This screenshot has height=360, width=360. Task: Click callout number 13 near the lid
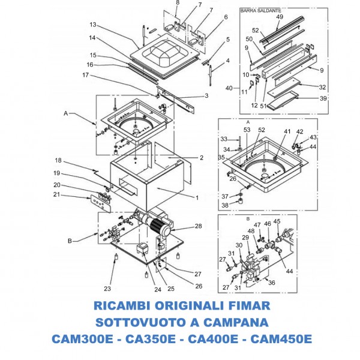[93, 25]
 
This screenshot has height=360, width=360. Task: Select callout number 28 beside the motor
[198, 226]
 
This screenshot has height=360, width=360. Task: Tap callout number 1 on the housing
[196, 197]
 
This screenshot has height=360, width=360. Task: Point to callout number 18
[59, 161]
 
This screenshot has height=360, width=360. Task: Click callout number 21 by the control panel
[56, 194]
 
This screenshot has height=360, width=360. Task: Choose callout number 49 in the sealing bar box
[280, 17]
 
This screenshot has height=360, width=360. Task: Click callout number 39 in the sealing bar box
[323, 98]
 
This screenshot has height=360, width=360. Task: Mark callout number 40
[229, 88]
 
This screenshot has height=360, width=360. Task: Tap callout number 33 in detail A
[223, 139]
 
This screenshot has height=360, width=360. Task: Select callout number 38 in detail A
[224, 205]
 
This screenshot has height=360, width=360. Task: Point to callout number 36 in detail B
[272, 283]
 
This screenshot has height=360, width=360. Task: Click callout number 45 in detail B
[277, 221]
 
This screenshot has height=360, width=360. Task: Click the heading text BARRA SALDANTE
[260, 11]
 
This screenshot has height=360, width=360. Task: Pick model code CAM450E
[279, 339]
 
